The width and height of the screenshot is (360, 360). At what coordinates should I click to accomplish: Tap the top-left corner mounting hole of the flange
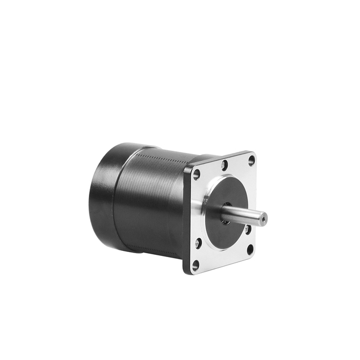pos(196,174)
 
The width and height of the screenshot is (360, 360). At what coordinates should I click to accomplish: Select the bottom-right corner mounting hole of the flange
pos(250,248)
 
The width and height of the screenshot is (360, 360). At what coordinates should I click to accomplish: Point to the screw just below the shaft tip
pos(247,229)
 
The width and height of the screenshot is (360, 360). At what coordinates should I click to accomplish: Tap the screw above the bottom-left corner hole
pos(198,243)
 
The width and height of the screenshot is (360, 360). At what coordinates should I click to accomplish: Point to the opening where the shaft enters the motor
pos(225,220)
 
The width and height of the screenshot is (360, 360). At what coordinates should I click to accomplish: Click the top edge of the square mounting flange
pos(222,156)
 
